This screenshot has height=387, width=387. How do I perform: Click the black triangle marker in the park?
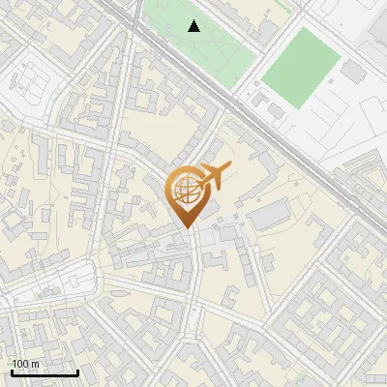194,26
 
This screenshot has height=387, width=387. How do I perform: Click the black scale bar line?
44,373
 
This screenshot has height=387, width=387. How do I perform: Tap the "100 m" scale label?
25,364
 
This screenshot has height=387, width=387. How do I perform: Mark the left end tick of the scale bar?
11,371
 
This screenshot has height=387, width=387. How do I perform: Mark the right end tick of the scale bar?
77,371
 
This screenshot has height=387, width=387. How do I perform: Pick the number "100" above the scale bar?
20,364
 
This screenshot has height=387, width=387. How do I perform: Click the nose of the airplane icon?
228,169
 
